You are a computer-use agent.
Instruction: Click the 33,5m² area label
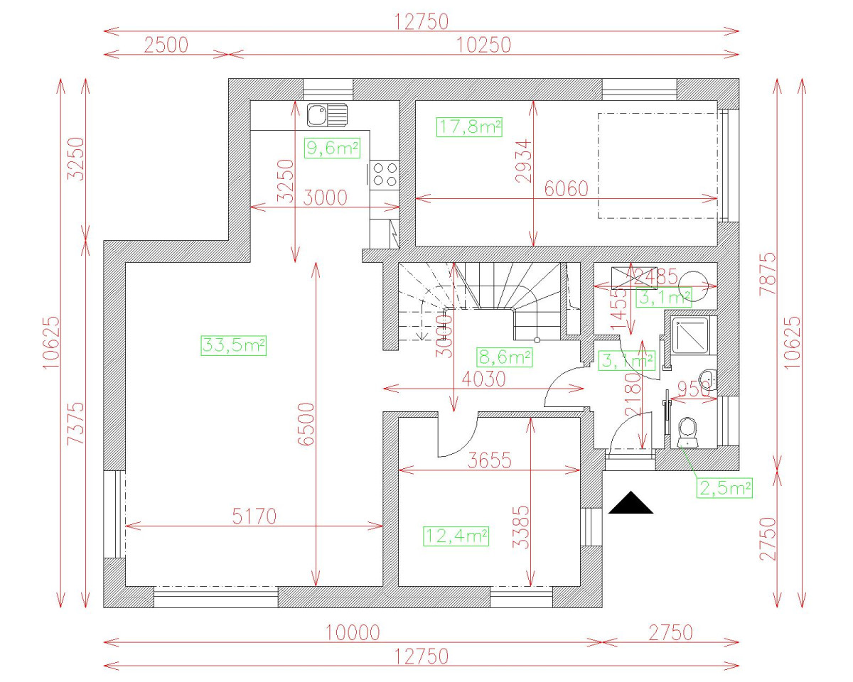[x=234, y=346]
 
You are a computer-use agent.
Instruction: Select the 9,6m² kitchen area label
[x=331, y=148]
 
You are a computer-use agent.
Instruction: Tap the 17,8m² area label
[x=469, y=128]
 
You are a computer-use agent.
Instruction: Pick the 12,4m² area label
[x=456, y=536]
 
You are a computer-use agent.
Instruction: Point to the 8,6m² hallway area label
[x=504, y=357]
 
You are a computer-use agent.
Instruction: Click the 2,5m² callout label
[x=726, y=488]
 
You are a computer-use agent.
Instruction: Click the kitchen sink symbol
[x=326, y=114]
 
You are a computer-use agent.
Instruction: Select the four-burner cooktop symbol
[x=385, y=174]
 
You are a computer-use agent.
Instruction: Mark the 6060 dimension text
[x=567, y=189]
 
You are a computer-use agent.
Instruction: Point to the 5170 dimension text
[x=254, y=516]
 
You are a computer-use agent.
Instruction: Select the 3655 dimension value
[x=490, y=460]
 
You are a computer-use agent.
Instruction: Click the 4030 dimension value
[x=483, y=379]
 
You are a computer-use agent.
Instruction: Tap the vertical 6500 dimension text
[x=306, y=424]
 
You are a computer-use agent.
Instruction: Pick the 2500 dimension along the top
[x=166, y=45]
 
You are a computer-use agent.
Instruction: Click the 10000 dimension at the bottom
[x=353, y=632]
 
